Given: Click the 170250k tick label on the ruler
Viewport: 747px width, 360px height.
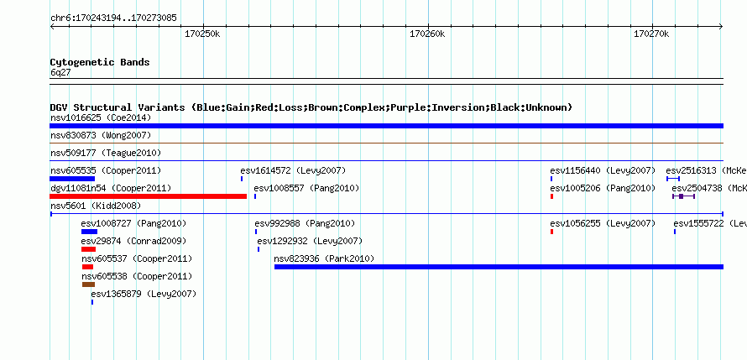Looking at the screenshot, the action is pyautogui.click(x=202, y=34).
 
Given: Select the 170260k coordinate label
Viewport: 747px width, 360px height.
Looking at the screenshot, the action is pyautogui.click(x=427, y=34).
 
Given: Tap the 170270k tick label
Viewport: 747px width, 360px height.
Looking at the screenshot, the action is pyautogui.click(x=651, y=34).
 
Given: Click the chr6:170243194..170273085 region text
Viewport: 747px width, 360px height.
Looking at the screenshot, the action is pyautogui.click(x=113, y=18).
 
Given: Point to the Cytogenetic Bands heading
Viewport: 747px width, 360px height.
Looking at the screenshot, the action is pyautogui.click(x=100, y=62).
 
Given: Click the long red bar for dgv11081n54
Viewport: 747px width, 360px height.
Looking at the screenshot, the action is pyautogui.click(x=149, y=196).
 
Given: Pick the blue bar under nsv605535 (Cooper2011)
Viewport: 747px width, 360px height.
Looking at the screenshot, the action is pyautogui.click(x=72, y=179).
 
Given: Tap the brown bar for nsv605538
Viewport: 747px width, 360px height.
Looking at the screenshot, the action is pyautogui.click(x=88, y=284).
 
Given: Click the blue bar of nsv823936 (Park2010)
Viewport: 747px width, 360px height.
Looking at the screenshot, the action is pyautogui.click(x=499, y=267).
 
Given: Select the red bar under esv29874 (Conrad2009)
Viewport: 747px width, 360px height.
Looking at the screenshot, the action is pyautogui.click(x=88, y=249).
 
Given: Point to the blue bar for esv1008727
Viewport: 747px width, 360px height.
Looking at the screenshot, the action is pyautogui.click(x=89, y=232).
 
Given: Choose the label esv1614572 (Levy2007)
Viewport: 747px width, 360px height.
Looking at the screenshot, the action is pyautogui.click(x=293, y=170).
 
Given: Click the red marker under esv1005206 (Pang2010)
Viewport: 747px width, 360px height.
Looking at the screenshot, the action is pyautogui.click(x=551, y=196).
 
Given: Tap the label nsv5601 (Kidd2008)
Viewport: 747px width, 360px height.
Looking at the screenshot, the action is pyautogui.click(x=96, y=206).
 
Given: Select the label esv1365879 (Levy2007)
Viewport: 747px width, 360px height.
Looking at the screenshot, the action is pyautogui.click(x=144, y=294).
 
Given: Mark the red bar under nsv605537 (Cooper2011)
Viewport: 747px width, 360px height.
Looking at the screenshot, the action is pyautogui.click(x=87, y=267).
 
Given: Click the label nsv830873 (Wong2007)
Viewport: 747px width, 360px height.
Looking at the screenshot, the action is pyautogui.click(x=101, y=135).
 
